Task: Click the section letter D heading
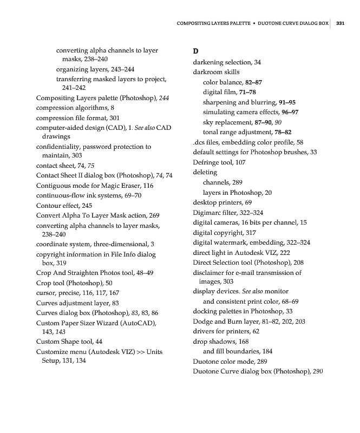click(x=196, y=51)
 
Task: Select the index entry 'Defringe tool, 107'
click(x=219, y=162)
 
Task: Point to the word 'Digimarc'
click(x=207, y=213)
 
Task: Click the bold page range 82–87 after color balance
click(x=253, y=82)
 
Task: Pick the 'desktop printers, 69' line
click(x=222, y=202)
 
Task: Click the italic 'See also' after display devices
click(x=253, y=291)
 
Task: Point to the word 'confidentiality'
click(x=58, y=147)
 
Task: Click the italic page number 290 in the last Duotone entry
click(x=318, y=371)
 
